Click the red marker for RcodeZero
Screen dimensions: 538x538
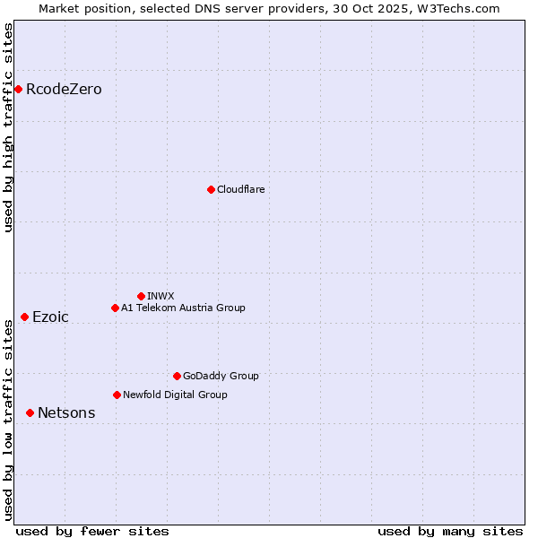point(18,89)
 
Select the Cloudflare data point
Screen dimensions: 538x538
point(211,189)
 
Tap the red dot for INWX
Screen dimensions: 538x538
point(141,296)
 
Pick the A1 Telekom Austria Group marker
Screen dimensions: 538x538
point(115,308)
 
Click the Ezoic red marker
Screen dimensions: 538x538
point(24,317)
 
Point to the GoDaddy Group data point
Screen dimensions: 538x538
point(177,376)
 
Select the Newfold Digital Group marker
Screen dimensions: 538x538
point(117,395)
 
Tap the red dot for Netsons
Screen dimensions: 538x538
point(30,412)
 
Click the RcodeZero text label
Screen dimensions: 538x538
point(64,90)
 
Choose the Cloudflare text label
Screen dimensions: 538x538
point(240,189)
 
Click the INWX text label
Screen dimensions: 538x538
point(161,296)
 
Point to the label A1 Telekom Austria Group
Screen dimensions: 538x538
point(183,308)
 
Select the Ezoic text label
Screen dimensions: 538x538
point(50,317)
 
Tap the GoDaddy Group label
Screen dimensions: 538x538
point(221,376)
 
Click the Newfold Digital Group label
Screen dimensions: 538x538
point(175,395)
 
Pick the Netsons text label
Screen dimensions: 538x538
point(66,412)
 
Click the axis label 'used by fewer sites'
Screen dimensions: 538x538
point(92,531)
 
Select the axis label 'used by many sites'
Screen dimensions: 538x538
point(450,531)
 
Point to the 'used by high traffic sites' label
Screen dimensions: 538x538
point(9,127)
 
